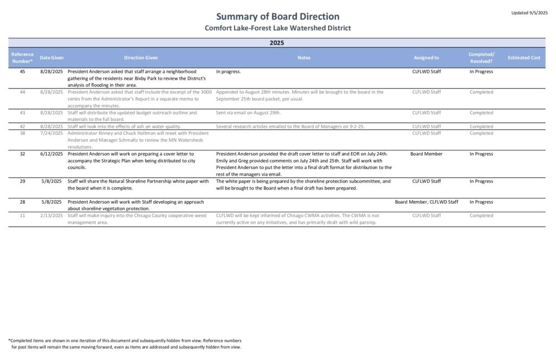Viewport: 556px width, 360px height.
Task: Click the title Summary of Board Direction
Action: click(x=277, y=16)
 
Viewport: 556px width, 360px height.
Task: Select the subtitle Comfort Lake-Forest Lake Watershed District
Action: click(x=277, y=28)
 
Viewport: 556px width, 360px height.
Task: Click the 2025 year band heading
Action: click(x=277, y=42)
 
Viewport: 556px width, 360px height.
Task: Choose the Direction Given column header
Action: click(x=141, y=58)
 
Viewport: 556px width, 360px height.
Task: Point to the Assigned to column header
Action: click(x=426, y=58)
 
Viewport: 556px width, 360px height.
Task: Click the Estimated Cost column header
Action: click(x=524, y=58)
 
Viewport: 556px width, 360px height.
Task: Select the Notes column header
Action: click(x=304, y=58)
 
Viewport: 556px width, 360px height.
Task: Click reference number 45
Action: click(x=22, y=71)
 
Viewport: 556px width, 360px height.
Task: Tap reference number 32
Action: click(x=22, y=154)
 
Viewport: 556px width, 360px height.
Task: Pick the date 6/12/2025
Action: click(x=52, y=154)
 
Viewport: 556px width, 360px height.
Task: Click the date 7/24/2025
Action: click(x=52, y=133)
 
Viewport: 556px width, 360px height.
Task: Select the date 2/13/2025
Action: click(x=52, y=216)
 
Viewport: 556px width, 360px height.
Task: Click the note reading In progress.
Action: click(x=228, y=71)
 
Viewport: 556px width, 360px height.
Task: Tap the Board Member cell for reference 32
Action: click(x=426, y=154)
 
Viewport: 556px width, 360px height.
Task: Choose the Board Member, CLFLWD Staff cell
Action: click(x=426, y=202)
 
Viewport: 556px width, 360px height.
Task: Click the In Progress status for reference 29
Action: click(x=481, y=181)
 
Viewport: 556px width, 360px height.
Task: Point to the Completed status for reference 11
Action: click(x=481, y=216)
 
